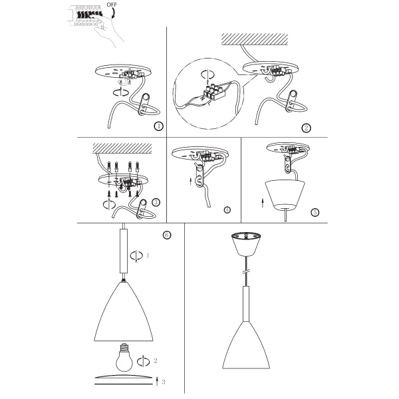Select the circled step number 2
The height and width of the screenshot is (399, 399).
tap(307, 128)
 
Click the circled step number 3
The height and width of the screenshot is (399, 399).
tap(156, 202)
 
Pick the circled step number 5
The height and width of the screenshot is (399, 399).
tap(315, 213)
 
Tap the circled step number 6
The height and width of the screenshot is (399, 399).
tap(167, 234)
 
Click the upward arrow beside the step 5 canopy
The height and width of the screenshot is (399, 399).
tap(262, 201)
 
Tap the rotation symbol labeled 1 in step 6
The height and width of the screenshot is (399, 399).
tap(138, 255)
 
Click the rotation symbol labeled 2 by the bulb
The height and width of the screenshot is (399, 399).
tap(143, 361)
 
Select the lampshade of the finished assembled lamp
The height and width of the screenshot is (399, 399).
tap(245, 339)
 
